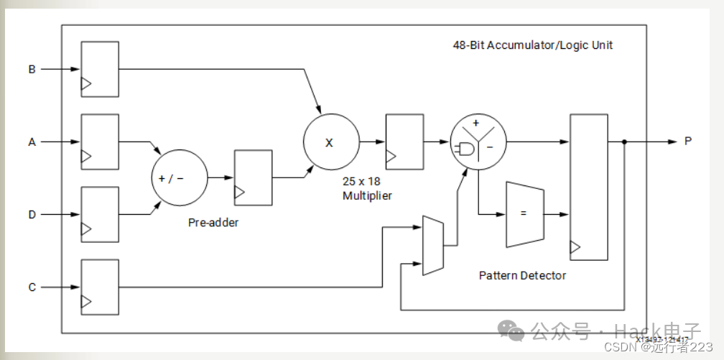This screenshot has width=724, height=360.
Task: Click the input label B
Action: (x=32, y=70)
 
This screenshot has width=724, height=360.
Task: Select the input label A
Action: (x=32, y=142)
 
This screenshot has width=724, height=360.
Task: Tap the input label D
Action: (x=32, y=215)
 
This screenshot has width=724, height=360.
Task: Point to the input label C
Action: (x=32, y=287)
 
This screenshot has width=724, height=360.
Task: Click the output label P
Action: (x=687, y=142)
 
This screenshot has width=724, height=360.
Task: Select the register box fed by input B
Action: (x=100, y=69)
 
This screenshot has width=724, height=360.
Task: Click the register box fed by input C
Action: (x=100, y=287)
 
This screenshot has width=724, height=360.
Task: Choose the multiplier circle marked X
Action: (x=330, y=142)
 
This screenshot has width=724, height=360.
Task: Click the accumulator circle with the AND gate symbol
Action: (x=477, y=142)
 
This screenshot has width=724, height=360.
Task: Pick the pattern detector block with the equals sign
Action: (x=524, y=213)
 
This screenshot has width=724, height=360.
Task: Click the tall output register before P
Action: (x=588, y=186)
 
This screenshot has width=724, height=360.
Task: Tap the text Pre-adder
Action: (x=213, y=222)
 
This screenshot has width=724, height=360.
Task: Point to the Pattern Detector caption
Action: (x=522, y=275)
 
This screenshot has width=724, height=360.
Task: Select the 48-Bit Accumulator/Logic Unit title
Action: (x=532, y=45)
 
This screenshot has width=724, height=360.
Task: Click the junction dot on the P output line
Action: (x=624, y=142)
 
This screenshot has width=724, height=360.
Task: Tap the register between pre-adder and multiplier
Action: (x=254, y=177)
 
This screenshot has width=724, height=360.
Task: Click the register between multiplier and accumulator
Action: (x=404, y=141)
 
